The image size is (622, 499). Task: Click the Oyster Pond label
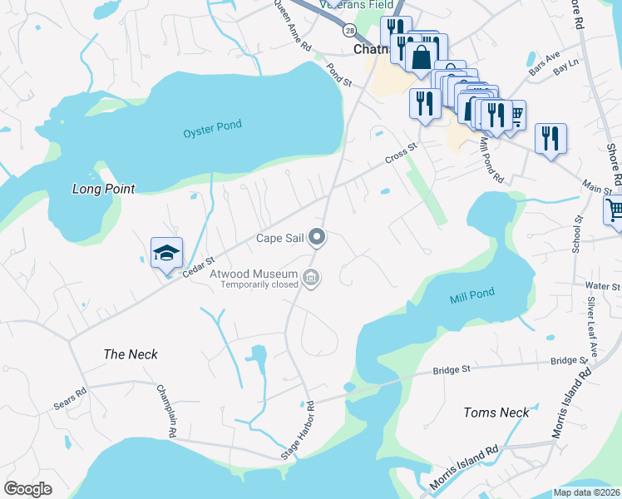point(212,126)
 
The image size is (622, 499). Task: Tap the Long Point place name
point(103,189)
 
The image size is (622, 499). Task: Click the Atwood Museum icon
point(311,278)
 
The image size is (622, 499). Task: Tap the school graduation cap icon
point(166,254)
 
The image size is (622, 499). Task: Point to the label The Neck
point(131,354)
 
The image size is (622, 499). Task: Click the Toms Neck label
point(496,413)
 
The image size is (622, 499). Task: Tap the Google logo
point(27,489)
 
